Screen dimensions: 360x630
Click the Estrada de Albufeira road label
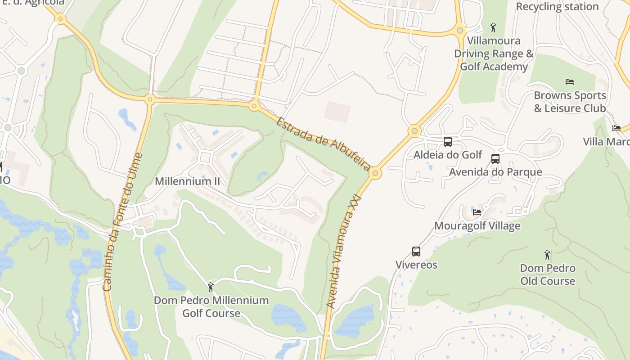323,144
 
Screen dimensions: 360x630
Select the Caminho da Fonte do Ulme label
122,222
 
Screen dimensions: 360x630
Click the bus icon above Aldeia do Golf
448,142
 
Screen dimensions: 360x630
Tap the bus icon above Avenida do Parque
495,159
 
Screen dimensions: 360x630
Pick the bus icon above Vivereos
416,252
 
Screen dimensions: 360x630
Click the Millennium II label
187,181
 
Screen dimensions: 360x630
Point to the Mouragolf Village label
477,226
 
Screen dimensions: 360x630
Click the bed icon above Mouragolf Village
477,212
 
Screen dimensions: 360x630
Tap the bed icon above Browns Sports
570,82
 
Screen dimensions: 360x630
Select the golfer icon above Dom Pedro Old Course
547,255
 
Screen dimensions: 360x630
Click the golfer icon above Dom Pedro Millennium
211,287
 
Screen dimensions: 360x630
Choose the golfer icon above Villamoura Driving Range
493,27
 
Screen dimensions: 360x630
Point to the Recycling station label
557,7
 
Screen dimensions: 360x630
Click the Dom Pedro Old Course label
548,274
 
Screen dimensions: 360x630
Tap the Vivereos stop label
416,265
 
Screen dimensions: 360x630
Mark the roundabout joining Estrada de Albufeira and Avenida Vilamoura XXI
375,173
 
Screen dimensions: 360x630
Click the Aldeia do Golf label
448,155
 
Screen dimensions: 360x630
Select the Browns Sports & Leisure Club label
570,102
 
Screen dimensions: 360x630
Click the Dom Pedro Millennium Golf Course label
211,306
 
